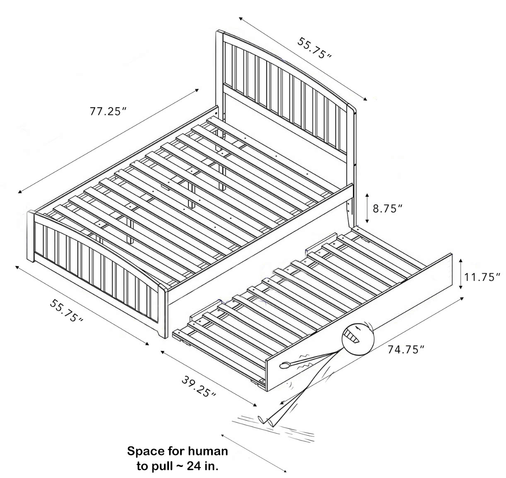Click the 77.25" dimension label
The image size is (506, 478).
click(x=108, y=111)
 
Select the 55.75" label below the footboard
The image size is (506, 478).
click(x=67, y=311)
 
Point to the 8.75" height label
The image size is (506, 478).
click(x=388, y=208)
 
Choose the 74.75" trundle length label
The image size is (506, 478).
click(x=406, y=350)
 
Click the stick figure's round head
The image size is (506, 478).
click(x=358, y=339)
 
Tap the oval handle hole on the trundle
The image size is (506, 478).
click(x=285, y=366)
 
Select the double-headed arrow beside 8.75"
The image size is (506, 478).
click(x=367, y=208)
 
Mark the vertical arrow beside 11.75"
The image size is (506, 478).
click(x=460, y=274)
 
